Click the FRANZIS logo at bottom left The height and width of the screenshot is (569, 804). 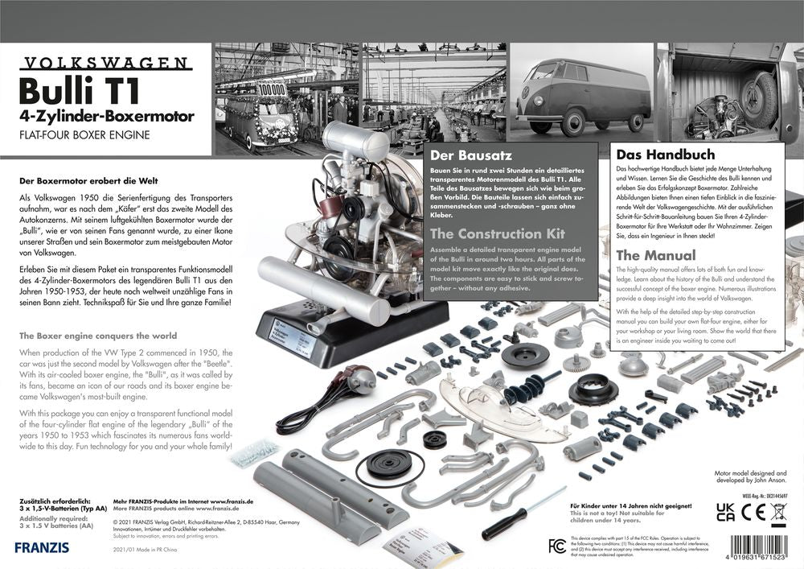(41, 546)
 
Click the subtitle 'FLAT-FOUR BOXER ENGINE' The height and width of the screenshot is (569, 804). (85, 134)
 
